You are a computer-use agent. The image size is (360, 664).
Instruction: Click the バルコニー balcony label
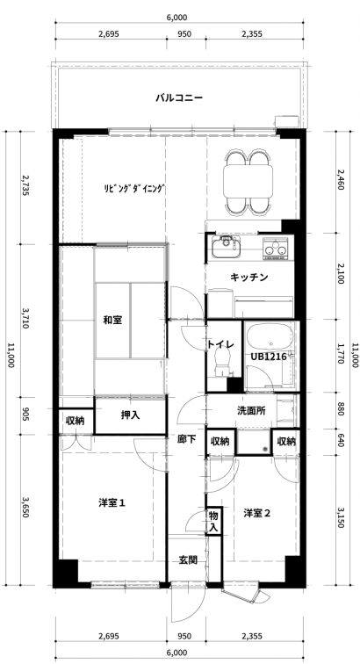[179, 98]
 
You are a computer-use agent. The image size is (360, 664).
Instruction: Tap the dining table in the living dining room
[248, 180]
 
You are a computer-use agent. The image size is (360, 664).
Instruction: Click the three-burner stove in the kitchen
[274, 248]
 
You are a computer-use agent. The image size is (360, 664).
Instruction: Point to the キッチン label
[249, 278]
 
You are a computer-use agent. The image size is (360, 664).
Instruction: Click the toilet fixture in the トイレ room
[221, 360]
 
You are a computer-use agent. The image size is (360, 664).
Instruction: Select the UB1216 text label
[269, 357]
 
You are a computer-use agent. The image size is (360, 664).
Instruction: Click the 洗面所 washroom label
[251, 410]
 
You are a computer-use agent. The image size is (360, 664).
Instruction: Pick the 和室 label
[113, 320]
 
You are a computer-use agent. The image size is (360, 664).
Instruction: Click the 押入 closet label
[131, 415]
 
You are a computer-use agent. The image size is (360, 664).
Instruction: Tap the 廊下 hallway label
[187, 439]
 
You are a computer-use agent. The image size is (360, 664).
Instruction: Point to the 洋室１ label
[112, 503]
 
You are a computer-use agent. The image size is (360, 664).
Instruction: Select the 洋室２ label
[257, 513]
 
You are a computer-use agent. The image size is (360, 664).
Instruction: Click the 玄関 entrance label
[188, 559]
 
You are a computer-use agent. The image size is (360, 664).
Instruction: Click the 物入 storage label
[213, 522]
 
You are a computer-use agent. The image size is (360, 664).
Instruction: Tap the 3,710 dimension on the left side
[25, 320]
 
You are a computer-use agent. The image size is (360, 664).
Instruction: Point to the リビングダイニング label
[133, 189]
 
